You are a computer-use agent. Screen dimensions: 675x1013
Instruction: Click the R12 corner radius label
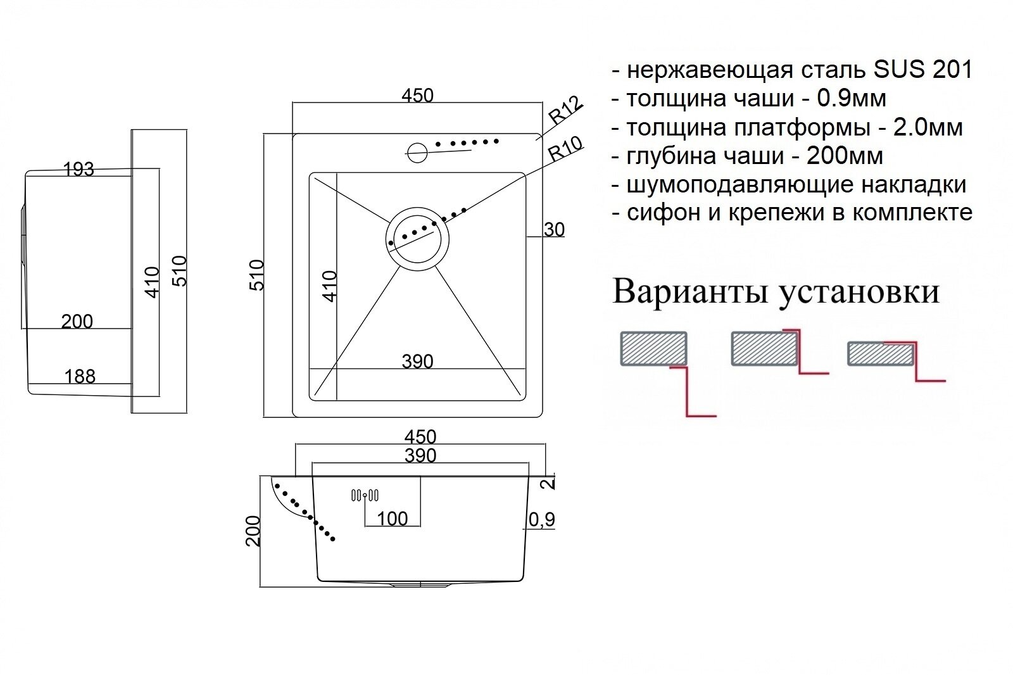565,110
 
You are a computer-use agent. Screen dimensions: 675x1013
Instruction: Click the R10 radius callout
565,149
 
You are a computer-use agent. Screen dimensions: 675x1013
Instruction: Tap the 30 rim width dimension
554,229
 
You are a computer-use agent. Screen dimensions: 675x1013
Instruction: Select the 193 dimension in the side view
79,169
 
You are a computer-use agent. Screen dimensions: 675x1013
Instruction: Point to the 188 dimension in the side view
80,376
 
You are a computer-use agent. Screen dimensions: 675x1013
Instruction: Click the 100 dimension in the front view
392,519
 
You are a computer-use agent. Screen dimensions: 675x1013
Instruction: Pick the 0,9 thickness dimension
541,519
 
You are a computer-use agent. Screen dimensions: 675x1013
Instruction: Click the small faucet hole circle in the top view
417,152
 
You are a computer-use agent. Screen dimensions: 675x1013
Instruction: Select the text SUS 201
922,70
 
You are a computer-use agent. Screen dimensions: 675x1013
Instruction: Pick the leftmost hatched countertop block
653,348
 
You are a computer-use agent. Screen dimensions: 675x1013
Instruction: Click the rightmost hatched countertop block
881,353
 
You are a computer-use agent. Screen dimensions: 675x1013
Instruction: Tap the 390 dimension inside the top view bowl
417,362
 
